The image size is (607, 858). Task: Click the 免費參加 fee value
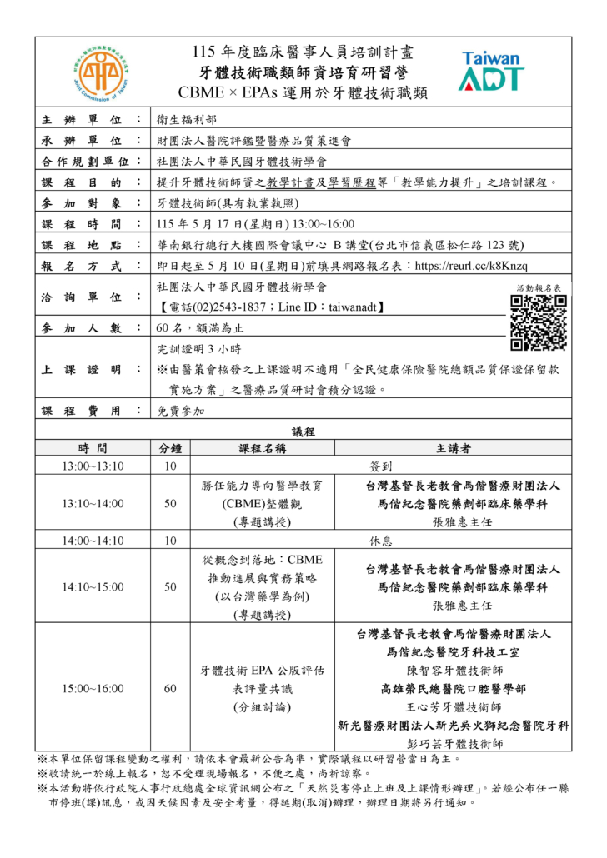pyautogui.click(x=180, y=411)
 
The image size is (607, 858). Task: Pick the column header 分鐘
pyautogui.click(x=171, y=448)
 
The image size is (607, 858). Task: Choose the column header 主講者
pyautogui.click(x=453, y=448)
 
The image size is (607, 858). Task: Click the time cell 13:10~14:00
pyautogui.click(x=93, y=503)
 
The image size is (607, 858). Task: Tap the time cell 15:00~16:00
pyautogui.click(x=93, y=688)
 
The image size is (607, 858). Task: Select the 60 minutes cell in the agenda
pyautogui.click(x=171, y=688)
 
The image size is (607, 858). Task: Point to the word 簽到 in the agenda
pyautogui.click(x=381, y=466)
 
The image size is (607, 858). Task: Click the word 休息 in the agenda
pyautogui.click(x=381, y=541)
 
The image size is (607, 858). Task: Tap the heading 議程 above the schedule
pyautogui.click(x=303, y=431)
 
